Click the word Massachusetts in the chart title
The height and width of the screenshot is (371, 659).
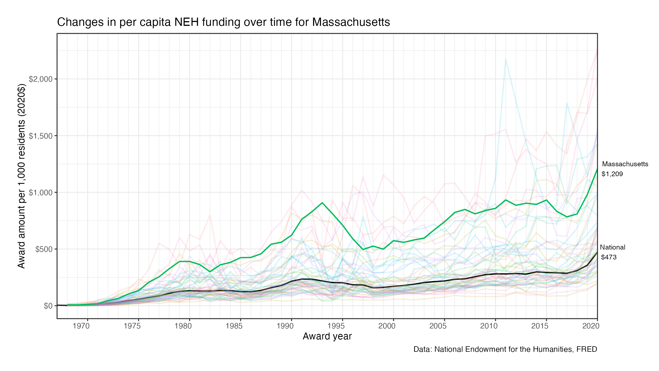pyautogui.click(x=351, y=22)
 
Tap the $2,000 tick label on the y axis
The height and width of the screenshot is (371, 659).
pyautogui.click(x=41, y=79)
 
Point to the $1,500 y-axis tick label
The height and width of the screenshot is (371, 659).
pyautogui.click(x=41, y=136)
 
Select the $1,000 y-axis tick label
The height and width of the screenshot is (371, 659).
pyautogui.click(x=41, y=192)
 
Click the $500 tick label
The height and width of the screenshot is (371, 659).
pyautogui.click(x=44, y=249)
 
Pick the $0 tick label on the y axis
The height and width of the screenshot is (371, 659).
pyautogui.click(x=48, y=306)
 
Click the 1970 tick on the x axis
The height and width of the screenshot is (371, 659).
pyautogui.click(x=81, y=326)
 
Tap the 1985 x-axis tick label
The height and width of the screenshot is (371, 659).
pyautogui.click(x=234, y=326)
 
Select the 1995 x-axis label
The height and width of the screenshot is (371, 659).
pyautogui.click(x=336, y=326)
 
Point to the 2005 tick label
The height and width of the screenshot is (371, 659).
pyautogui.click(x=438, y=326)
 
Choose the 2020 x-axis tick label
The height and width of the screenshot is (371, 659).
pyautogui.click(x=591, y=326)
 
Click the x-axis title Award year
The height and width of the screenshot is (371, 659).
pyautogui.click(x=327, y=336)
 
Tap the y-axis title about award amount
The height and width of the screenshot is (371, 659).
pyautogui.click(x=21, y=176)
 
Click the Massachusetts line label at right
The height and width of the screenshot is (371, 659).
pyautogui.click(x=625, y=164)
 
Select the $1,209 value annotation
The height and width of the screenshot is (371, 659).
pyautogui.click(x=612, y=174)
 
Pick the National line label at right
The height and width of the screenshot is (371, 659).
pyautogui.click(x=612, y=247)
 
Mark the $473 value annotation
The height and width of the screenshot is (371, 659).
pyautogui.click(x=609, y=257)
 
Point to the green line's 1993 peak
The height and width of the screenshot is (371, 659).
pyautogui.click(x=322, y=203)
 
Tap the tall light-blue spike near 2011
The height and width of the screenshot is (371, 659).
pyautogui.click(x=506, y=59)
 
